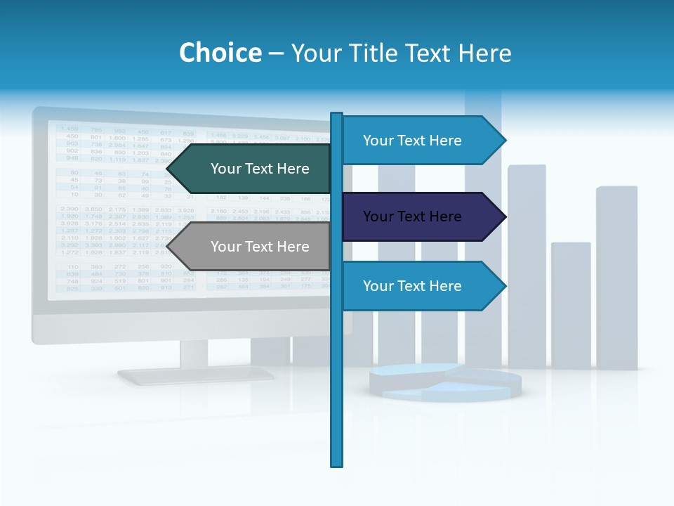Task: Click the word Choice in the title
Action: pyautogui.click(x=220, y=53)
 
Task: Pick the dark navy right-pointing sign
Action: pyautogui.click(x=418, y=216)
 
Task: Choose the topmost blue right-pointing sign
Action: pyautogui.click(x=418, y=141)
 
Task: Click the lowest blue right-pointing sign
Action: pyautogui.click(x=418, y=286)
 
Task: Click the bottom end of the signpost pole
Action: pyautogui.click(x=337, y=464)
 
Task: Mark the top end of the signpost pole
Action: pyautogui.click(x=337, y=115)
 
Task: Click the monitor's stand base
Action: pyautogui.click(x=195, y=376)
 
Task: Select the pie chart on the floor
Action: pyautogui.click(x=445, y=382)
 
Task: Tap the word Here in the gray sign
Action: pyautogui.click(x=293, y=247)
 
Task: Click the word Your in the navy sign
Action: pyautogui.click(x=378, y=216)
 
